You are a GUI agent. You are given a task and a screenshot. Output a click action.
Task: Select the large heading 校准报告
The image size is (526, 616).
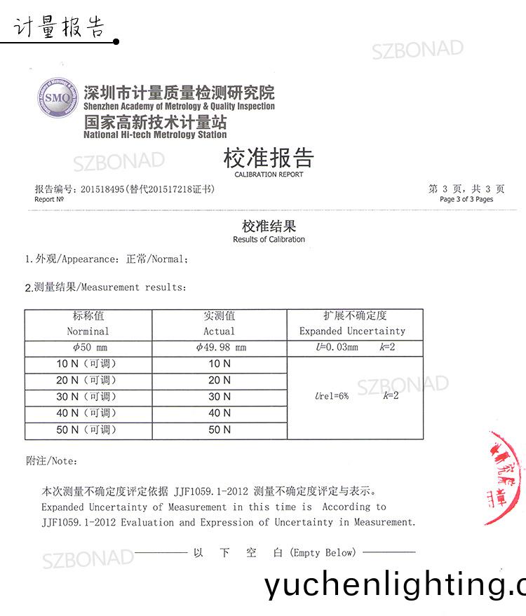(269, 158)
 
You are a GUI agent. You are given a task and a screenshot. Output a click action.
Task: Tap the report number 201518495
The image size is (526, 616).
(102, 189)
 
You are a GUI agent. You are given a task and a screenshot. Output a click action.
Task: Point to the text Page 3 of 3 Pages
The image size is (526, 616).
(466, 199)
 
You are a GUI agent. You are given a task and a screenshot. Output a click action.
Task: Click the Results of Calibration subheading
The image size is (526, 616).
(269, 239)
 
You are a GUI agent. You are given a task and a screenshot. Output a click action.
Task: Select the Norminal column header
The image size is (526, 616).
(88, 331)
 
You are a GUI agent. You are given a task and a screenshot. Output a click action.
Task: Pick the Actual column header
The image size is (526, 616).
(219, 331)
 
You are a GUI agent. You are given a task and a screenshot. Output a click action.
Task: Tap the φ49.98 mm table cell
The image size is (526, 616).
(220, 348)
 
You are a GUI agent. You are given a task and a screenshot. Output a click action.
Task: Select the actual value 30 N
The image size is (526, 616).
(220, 397)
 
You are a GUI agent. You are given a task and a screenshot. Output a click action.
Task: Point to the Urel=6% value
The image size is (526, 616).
(332, 396)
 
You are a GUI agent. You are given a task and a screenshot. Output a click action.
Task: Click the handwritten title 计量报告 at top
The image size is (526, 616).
(59, 28)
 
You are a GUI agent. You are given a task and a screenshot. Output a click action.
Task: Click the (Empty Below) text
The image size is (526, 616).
(323, 553)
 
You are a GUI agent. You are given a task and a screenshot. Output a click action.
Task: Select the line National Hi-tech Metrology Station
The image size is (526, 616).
(155, 135)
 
